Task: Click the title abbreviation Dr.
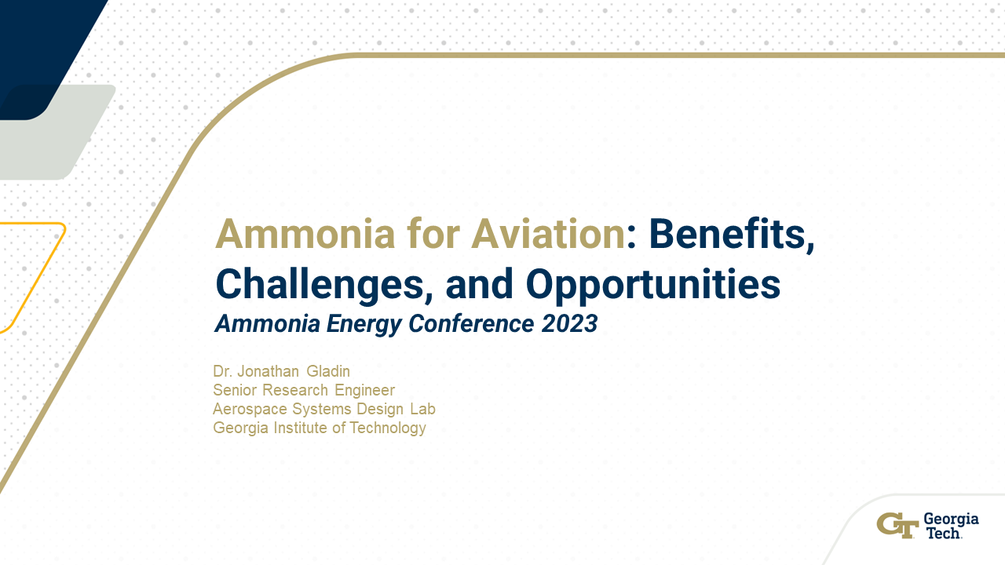(x=223, y=370)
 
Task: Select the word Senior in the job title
(x=235, y=390)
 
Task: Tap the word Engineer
(x=365, y=390)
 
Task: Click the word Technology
(x=385, y=428)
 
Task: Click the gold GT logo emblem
(x=897, y=525)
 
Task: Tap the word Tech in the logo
(x=942, y=533)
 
